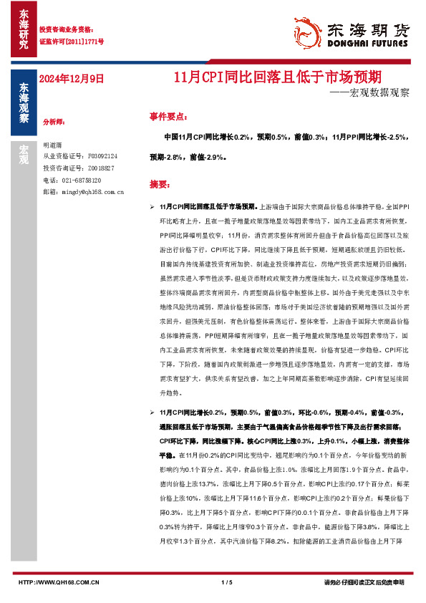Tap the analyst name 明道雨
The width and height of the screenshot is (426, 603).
54,145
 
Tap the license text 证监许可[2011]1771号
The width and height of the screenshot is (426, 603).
71,42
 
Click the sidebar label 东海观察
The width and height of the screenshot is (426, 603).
24,104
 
